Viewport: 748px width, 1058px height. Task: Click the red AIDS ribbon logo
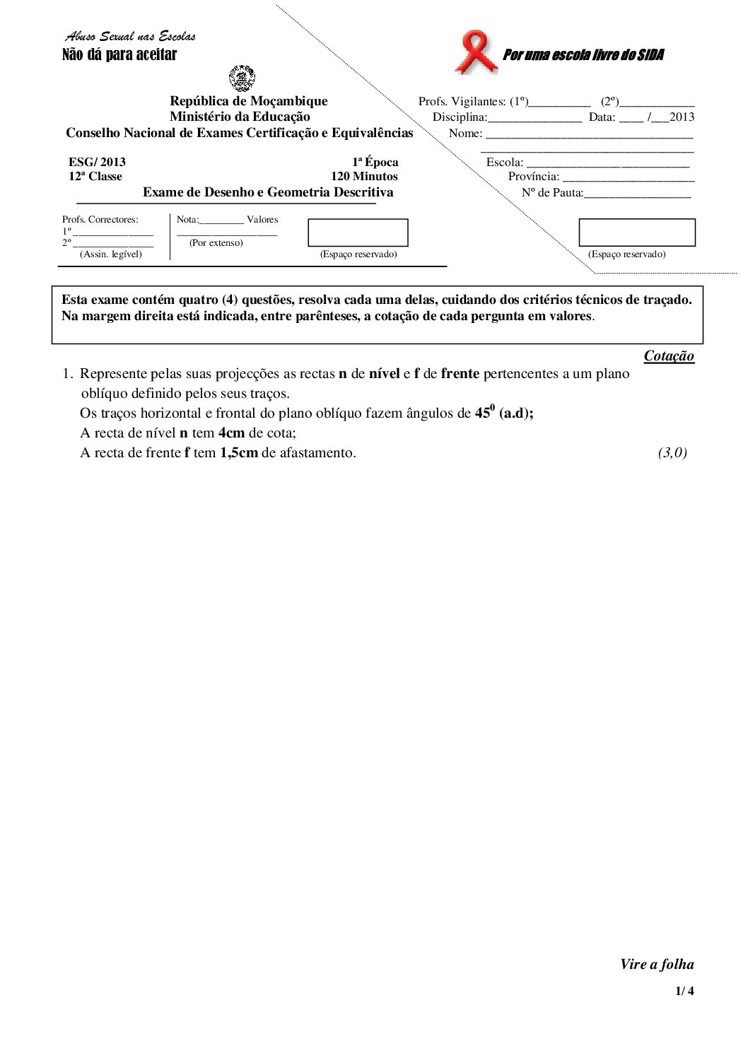(476, 52)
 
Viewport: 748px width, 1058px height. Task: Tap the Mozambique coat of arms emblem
(242, 78)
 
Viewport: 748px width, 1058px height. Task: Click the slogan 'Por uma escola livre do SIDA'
(583, 55)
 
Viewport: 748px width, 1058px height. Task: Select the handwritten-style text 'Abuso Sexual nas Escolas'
(131, 36)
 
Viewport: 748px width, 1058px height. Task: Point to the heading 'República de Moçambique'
(248, 101)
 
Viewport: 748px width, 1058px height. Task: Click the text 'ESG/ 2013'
(97, 162)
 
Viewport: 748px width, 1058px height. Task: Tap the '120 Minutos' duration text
(364, 177)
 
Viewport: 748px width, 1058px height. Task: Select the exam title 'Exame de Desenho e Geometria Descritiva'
(268, 192)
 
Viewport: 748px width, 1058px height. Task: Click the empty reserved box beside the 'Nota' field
(358, 233)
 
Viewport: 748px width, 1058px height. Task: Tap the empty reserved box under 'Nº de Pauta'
(636, 233)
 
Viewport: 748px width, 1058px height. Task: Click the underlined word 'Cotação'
(669, 356)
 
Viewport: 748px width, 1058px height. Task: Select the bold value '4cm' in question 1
(231, 433)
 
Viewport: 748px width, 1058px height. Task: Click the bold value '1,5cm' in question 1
(238, 453)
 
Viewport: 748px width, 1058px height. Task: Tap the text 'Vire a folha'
(657, 965)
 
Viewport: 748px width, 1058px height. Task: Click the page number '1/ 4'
(684, 991)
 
